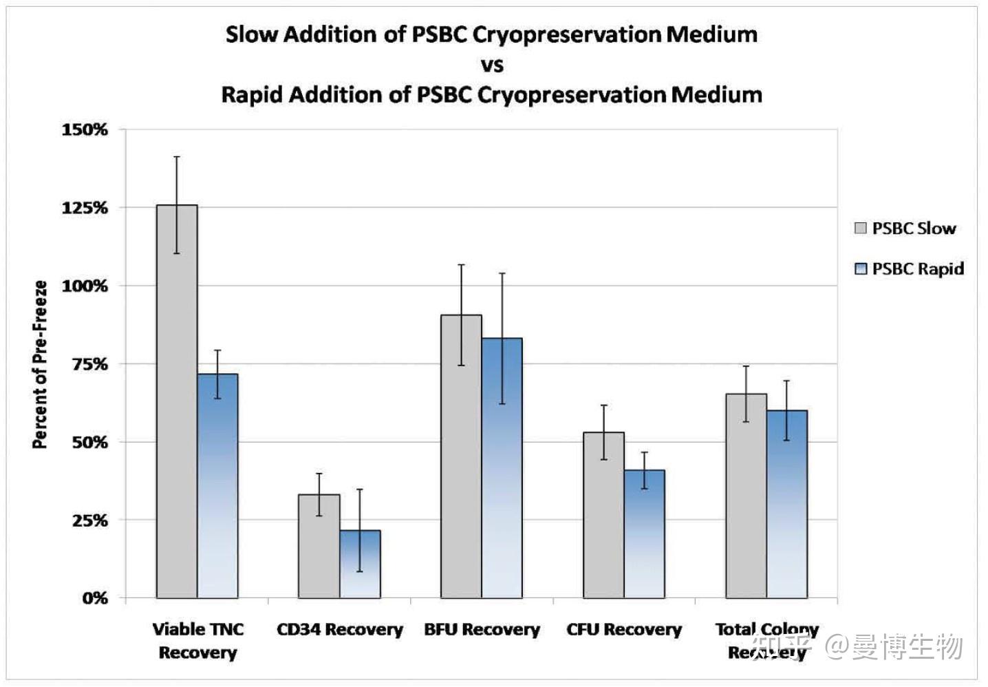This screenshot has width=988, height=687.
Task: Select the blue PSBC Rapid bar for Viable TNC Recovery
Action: click(217, 485)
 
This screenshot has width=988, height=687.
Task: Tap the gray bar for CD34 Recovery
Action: click(319, 546)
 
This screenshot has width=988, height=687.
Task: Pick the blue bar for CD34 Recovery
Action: click(360, 564)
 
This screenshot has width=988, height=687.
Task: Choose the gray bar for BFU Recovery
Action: click(461, 456)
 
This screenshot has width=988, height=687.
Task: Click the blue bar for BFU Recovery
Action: click(502, 467)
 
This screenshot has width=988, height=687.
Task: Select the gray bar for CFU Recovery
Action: click(603, 515)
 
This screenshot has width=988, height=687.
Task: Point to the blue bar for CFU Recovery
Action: click(645, 533)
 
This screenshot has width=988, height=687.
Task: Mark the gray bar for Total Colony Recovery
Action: click(746, 496)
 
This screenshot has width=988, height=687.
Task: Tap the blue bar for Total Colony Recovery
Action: click(787, 504)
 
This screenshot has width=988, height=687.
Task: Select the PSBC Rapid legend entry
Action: click(909, 268)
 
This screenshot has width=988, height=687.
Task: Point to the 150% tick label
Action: click(85, 129)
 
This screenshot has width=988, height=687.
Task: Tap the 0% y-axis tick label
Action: click(96, 598)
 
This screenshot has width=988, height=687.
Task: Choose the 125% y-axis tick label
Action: click(85, 208)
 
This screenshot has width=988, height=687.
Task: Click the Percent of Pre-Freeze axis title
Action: click(40, 364)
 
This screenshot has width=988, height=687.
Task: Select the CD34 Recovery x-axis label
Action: click(339, 629)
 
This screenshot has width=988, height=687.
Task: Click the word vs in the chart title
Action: click(492, 65)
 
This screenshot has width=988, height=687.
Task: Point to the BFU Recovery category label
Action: click(482, 629)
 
